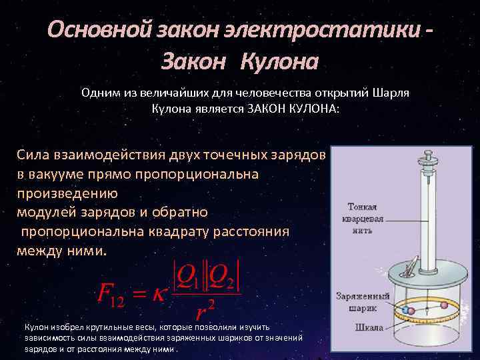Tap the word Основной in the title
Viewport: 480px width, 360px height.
point(91,30)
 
